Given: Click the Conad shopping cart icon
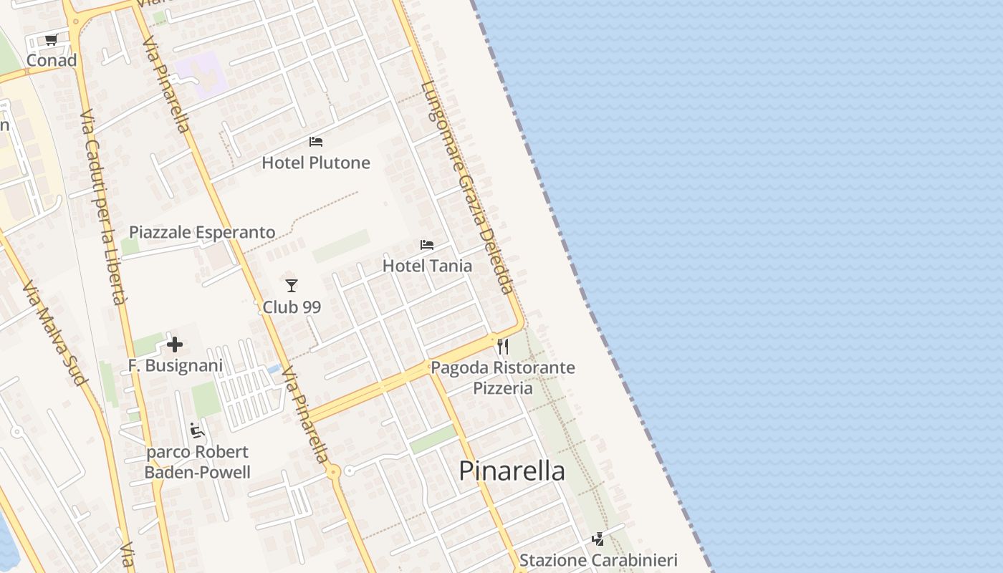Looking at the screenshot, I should (x=51, y=40).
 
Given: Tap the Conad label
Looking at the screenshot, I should (x=51, y=60).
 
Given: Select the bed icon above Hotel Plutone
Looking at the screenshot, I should (x=315, y=142).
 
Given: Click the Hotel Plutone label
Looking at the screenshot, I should (x=315, y=163).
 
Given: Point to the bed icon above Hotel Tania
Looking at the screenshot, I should (x=427, y=245).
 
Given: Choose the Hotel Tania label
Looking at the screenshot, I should (x=427, y=266).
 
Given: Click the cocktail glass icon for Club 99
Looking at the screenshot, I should (x=291, y=286).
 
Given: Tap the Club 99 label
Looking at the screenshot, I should (x=291, y=307).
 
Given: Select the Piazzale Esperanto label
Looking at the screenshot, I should (x=202, y=232).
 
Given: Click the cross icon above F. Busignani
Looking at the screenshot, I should (x=175, y=345).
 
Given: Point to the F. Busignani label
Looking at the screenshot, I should (x=175, y=365).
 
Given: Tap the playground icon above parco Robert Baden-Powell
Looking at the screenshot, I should (x=197, y=430).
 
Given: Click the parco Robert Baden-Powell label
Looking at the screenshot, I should (x=197, y=462).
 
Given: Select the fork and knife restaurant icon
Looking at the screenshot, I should (x=503, y=347).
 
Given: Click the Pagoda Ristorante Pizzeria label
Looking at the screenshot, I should (x=502, y=377).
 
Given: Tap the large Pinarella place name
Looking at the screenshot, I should (x=512, y=471).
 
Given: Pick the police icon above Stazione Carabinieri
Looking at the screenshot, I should (x=598, y=539).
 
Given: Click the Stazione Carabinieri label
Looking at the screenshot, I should (x=598, y=560).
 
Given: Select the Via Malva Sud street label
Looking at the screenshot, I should (x=54, y=334).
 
